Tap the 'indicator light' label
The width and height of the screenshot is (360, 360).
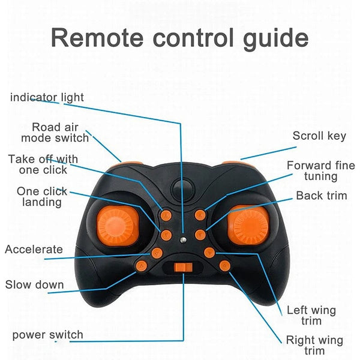click(x=47, y=97)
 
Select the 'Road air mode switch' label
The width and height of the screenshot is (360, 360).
click(x=55, y=132)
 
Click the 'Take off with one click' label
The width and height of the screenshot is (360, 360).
click(x=43, y=164)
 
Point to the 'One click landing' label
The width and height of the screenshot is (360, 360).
click(x=42, y=197)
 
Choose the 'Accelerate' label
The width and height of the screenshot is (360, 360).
click(x=34, y=249)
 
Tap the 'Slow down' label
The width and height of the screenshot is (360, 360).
click(x=35, y=284)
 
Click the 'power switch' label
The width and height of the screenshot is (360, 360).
click(x=48, y=334)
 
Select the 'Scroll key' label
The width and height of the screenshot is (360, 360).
click(x=319, y=136)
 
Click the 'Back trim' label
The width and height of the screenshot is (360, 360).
click(x=322, y=196)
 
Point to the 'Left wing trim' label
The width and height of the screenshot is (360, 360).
click(x=311, y=316)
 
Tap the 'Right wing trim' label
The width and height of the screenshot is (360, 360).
click(x=314, y=345)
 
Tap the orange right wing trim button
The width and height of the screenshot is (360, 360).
click(x=225, y=265)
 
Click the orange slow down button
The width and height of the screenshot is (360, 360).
click(x=142, y=265)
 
